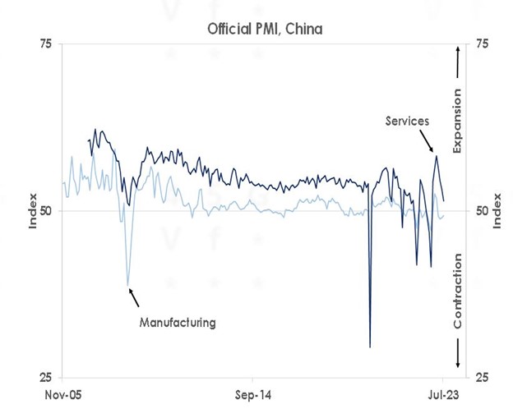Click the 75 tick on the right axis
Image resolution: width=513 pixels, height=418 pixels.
coord(477,44)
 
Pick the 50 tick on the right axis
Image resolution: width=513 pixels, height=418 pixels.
coord(477,211)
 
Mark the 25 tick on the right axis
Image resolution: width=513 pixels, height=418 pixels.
coord(477,378)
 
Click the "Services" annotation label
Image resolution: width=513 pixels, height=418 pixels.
coord(408,121)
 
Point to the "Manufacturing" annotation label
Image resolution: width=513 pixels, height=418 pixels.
coord(176,323)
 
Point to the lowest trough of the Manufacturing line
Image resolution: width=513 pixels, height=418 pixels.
coord(127,284)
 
